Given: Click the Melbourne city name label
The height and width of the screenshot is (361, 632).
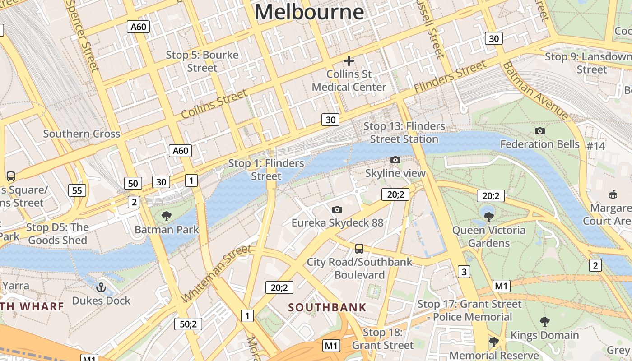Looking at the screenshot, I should point(309,12).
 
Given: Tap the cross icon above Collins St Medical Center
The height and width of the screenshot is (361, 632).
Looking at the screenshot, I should point(349,60).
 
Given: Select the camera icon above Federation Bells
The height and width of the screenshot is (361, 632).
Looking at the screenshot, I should point(539,131).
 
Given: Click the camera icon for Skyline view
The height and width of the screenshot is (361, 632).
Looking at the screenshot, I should point(395,160).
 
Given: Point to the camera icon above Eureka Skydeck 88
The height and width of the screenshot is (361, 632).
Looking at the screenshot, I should point(337,209).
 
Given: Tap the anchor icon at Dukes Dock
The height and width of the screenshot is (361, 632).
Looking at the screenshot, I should point(101,287).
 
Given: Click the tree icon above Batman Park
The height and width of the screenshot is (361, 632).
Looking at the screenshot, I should point(167,216).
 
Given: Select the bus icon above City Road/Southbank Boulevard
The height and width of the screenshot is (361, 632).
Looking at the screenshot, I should point(359,248).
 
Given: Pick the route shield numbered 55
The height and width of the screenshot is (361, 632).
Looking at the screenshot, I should point(77,190).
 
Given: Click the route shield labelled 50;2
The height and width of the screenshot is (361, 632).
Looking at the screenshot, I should point(188,324).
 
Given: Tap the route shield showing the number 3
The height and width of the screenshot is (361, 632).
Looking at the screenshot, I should point(464,272).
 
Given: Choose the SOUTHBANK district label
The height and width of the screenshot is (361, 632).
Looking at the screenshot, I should point(327,308).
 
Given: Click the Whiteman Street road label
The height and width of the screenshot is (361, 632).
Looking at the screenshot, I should point(216,273).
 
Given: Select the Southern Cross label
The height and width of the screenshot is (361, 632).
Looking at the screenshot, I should point(82,134).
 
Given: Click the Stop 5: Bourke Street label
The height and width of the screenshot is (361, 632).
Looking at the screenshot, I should point(202,61).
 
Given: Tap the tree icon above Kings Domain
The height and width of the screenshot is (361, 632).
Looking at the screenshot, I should point(544,322).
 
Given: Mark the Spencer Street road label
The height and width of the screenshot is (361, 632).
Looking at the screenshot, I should point(83,35).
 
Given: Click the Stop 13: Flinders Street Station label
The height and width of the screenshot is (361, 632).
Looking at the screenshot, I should point(404,133).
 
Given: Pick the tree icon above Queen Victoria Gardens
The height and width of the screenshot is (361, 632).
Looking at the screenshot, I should point(488,217).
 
